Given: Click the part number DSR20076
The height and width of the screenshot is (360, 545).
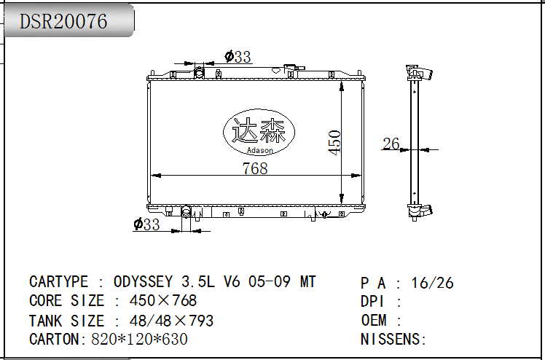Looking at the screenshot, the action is click(x=63, y=21).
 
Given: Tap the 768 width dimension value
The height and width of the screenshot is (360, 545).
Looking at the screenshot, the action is click(x=255, y=168).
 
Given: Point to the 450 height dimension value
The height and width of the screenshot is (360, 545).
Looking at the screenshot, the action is click(x=334, y=143).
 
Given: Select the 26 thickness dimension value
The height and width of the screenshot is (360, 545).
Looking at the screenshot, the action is click(x=391, y=144).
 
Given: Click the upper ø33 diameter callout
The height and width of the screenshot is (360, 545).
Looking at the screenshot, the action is click(x=238, y=57).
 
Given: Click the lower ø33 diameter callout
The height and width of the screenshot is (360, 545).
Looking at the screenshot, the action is click(x=146, y=224).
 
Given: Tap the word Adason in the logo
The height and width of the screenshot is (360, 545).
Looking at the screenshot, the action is click(x=259, y=150).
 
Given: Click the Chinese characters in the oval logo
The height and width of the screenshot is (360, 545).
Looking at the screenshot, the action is click(x=259, y=130).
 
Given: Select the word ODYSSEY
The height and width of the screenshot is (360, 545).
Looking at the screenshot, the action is click(x=143, y=281).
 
